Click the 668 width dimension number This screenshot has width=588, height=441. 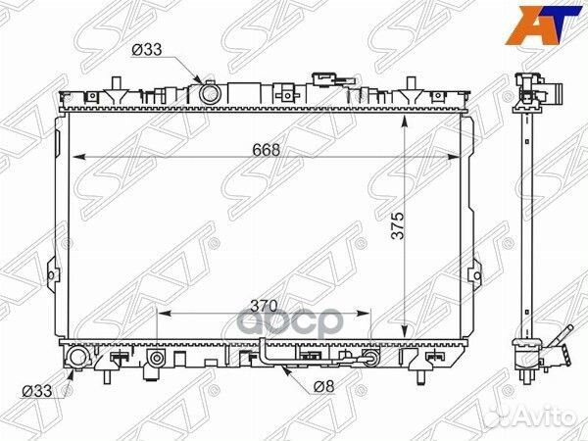tap(267, 150)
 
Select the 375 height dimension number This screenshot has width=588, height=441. tap(398, 225)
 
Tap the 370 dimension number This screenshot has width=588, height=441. tap(264, 306)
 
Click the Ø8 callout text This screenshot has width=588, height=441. tap(324, 386)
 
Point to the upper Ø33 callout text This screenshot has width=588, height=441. tap(147, 50)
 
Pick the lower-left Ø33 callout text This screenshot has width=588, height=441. tap(37, 391)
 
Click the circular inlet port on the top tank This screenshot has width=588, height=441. tap(209, 94)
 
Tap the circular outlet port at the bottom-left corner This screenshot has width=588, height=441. tap(78, 357)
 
